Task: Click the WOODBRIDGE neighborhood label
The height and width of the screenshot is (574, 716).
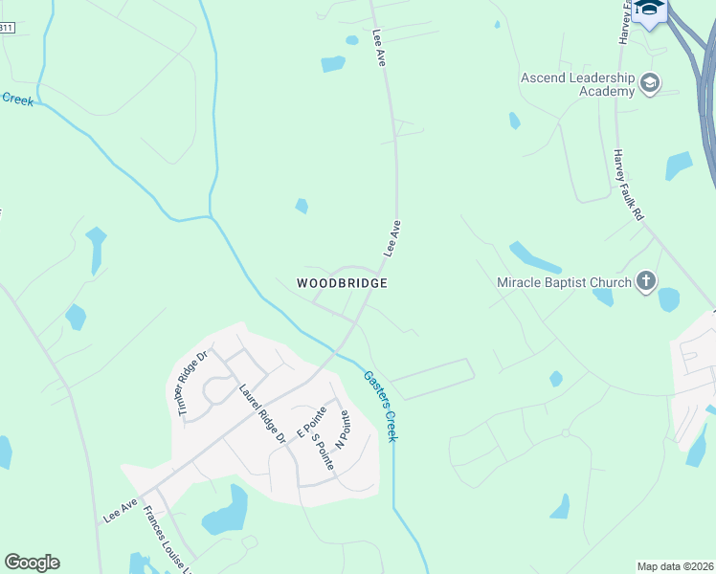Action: (x=342, y=283)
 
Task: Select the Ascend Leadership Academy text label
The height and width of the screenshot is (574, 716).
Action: (x=577, y=84)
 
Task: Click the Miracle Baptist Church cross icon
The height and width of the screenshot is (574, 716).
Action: (x=646, y=281)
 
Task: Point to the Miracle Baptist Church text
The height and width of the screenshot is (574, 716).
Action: (x=564, y=282)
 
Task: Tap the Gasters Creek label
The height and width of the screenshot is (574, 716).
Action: (x=379, y=405)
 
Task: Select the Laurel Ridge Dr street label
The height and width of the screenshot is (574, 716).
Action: (x=262, y=413)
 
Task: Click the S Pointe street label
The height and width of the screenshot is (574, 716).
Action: (x=323, y=444)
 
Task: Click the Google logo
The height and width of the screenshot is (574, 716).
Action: (x=32, y=563)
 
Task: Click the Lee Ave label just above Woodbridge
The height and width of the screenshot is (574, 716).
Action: (x=392, y=238)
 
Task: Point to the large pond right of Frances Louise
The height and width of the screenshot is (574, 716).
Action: (x=227, y=512)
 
